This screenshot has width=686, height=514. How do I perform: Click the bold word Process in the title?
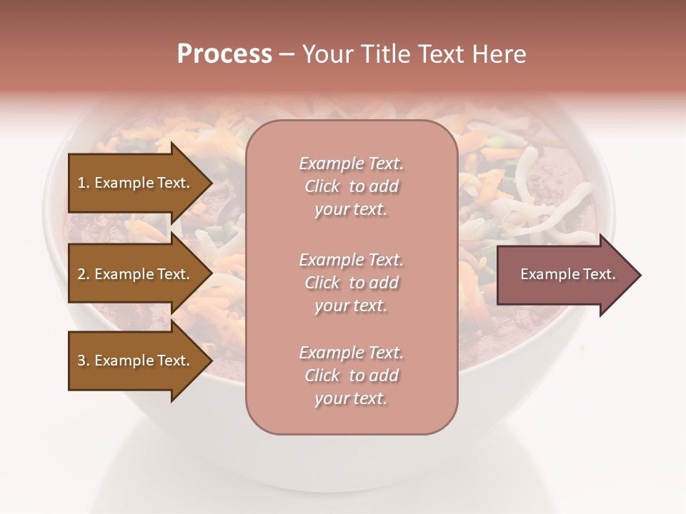pyautogui.click(x=224, y=54)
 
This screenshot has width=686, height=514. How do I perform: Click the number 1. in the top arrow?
pyautogui.click(x=84, y=183)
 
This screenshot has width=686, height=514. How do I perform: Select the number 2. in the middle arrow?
pyautogui.click(x=84, y=274)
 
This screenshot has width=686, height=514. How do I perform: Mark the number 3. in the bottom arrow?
pyautogui.click(x=84, y=361)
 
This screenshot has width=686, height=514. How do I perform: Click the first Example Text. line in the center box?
pyautogui.click(x=351, y=163)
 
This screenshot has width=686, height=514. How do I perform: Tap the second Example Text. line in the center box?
pyautogui.click(x=351, y=260)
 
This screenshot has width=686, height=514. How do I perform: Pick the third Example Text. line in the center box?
pyautogui.click(x=351, y=353)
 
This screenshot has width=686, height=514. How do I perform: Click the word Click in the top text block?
pyautogui.click(x=322, y=186)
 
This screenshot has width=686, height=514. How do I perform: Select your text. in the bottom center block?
pyautogui.click(x=351, y=398)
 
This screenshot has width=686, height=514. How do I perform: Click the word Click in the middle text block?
pyautogui.click(x=322, y=283)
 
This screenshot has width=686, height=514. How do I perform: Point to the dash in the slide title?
pyautogui.click(x=287, y=54)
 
